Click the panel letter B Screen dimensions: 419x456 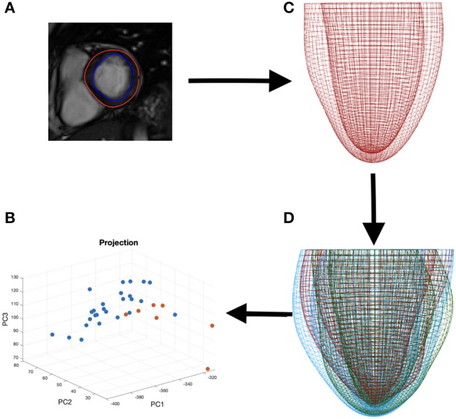[x=10, y=219]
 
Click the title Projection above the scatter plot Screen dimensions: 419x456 [x=119, y=243]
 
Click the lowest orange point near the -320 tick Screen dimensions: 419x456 [x=206, y=369]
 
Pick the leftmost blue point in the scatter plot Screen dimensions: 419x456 [x=52, y=335]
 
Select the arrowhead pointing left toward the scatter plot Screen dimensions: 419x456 [x=238, y=315]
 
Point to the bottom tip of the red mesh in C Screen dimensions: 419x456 [x=373, y=152]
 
